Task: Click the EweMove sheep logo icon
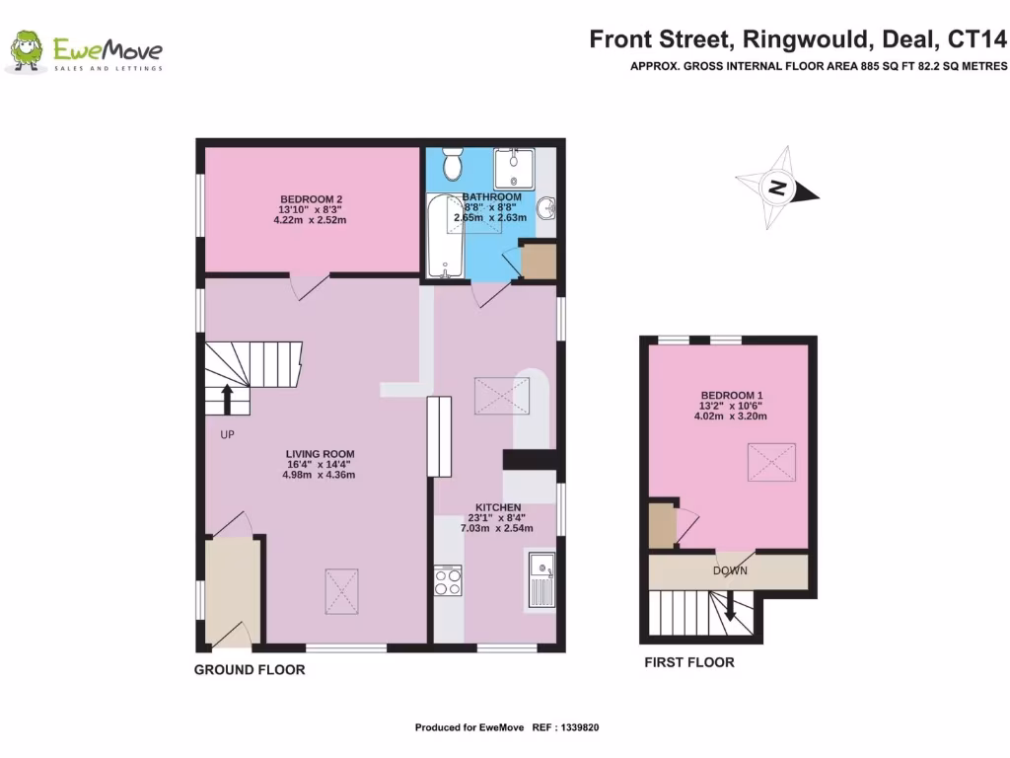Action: [28, 51]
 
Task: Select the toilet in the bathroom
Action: [453, 164]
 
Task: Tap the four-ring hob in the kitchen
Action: [448, 579]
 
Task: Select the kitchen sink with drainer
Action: [541, 581]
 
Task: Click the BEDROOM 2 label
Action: [311, 197]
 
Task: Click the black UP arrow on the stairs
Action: [227, 399]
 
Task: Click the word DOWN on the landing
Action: [730, 570]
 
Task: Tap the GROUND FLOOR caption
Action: [250, 670]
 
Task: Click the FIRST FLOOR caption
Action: [689, 662]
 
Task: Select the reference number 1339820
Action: [578, 728]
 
